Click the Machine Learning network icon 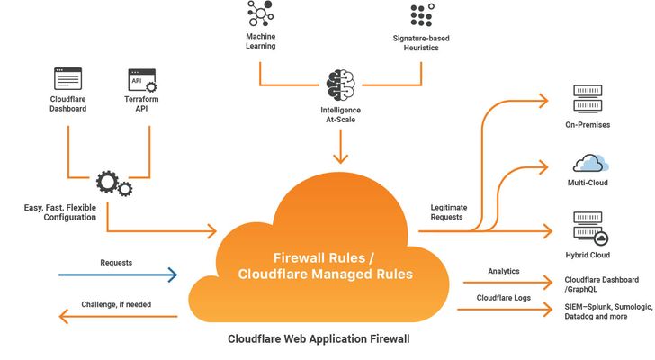(x=259, y=16)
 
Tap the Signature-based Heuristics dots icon (x=421, y=16)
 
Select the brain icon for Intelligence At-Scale (x=340, y=85)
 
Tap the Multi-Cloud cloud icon (x=589, y=163)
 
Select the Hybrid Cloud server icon (x=588, y=228)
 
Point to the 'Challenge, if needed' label (x=116, y=304)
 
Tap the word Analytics (x=503, y=270)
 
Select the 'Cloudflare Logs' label (x=503, y=297)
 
